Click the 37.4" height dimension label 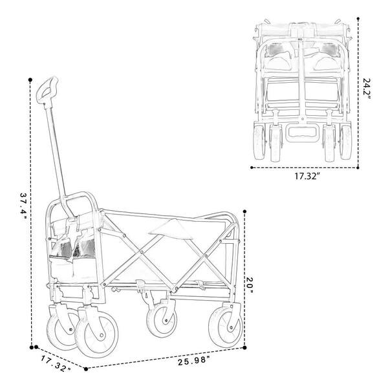[23, 208]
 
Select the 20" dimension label [250, 285]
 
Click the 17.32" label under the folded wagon [307, 176]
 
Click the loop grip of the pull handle [47, 91]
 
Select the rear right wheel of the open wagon [226, 327]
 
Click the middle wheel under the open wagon [162, 321]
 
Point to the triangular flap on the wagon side [171, 229]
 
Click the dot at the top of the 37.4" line [30, 80]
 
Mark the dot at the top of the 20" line [244, 211]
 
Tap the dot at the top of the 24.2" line [358, 18]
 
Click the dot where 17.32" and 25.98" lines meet [86, 369]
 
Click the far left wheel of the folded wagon [259, 142]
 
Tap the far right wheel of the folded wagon [346, 142]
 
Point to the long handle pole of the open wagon [56, 152]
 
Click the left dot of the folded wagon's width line [252, 167]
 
